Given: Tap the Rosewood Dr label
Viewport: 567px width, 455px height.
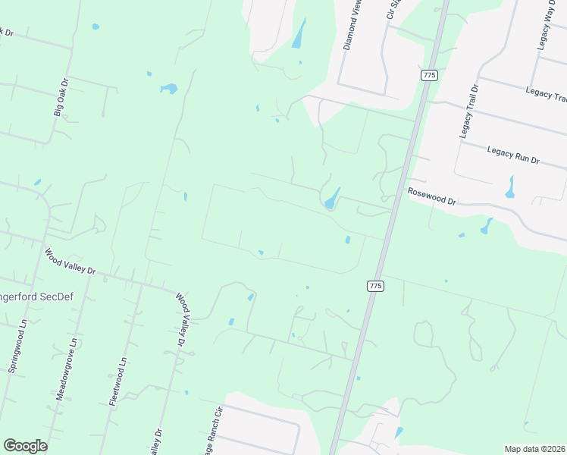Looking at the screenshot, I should [431, 197].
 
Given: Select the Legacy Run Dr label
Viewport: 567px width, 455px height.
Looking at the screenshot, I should [512, 155].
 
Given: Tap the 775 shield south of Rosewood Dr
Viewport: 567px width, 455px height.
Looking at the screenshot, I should [374, 285].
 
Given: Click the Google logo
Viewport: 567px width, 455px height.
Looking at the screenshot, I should [25, 446].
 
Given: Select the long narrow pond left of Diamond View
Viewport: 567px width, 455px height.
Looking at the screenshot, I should [299, 34].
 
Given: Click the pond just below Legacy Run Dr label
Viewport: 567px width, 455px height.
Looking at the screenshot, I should [509, 187].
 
